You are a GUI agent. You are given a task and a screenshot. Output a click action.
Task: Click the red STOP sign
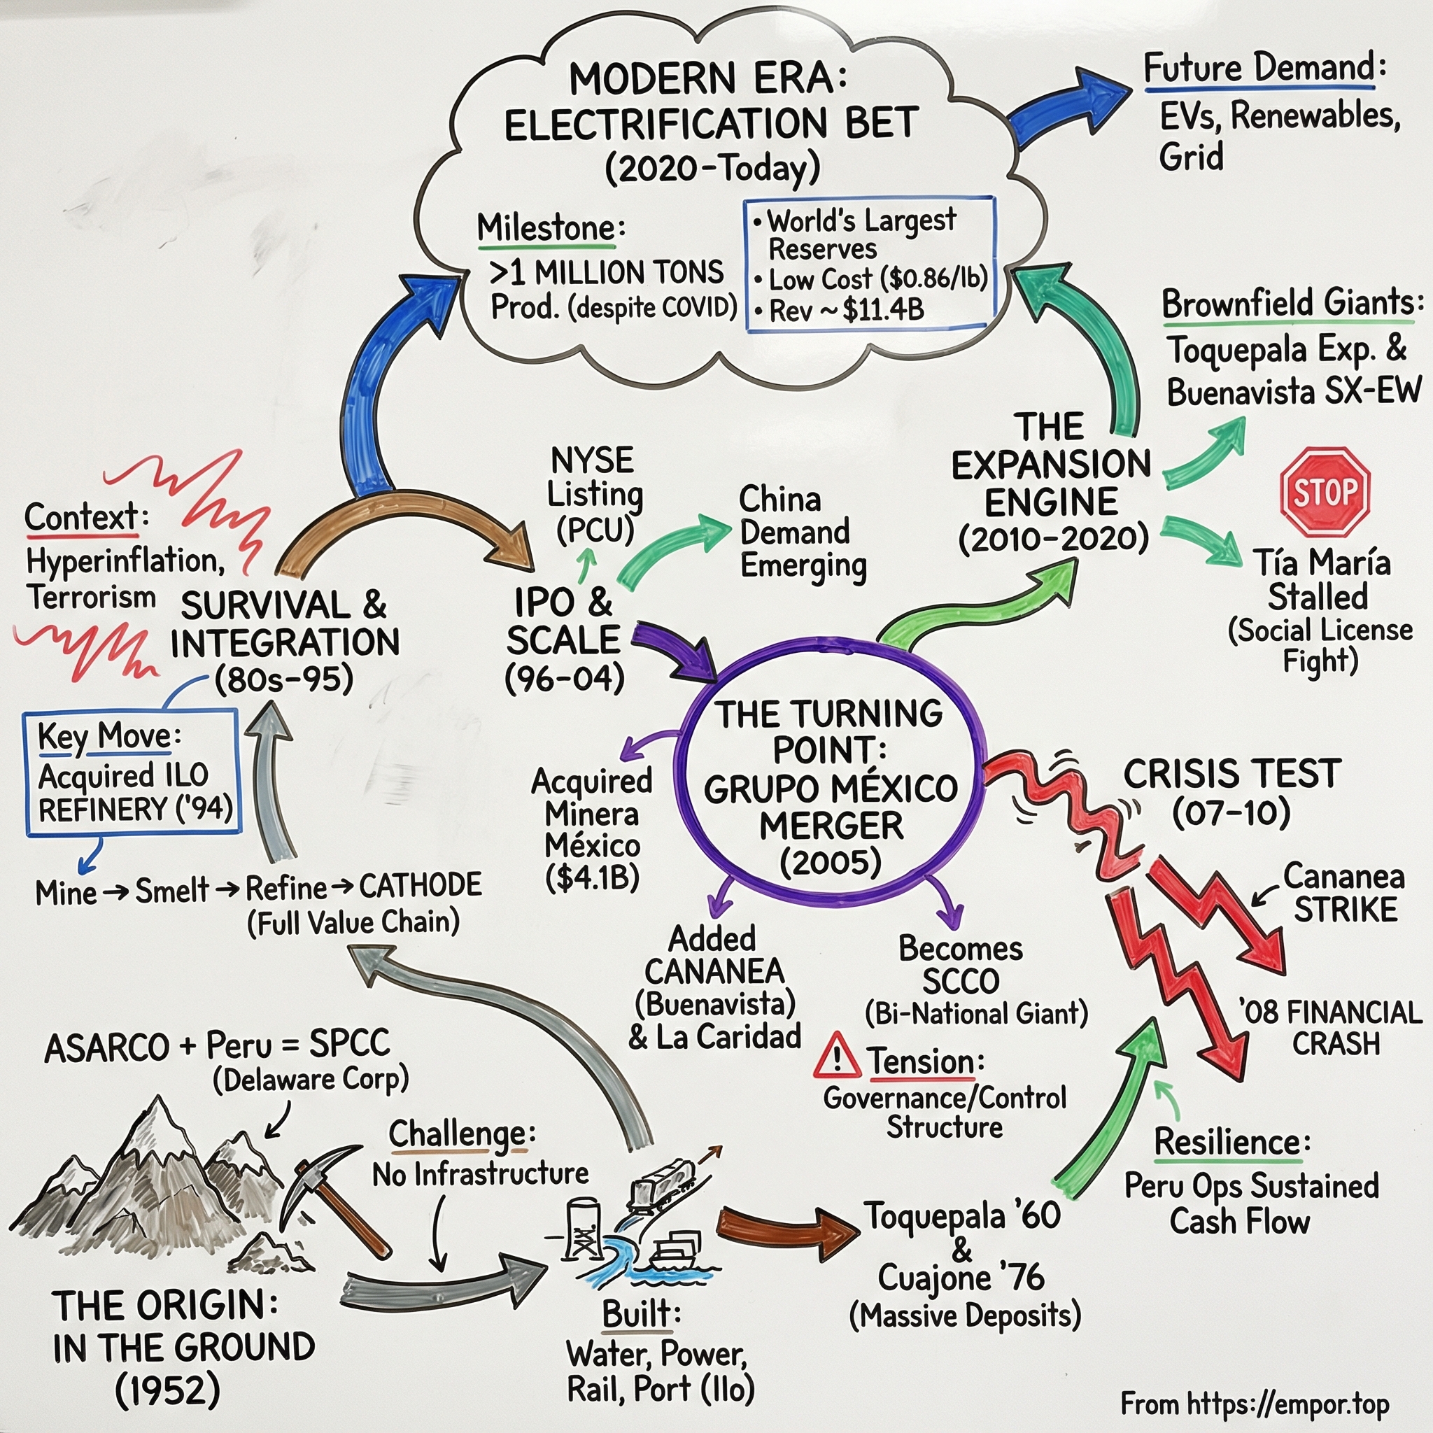pos(1325,492)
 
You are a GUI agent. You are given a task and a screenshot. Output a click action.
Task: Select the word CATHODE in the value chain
pos(420,886)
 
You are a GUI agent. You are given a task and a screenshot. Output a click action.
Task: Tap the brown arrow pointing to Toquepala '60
pos(786,1232)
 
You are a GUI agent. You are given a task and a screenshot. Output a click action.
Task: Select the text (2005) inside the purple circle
pos(831,862)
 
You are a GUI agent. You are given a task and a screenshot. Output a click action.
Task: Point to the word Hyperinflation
pos(125,561)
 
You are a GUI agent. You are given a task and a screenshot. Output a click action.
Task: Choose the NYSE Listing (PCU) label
pos(593,494)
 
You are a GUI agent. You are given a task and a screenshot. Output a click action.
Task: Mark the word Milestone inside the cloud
pos(545,227)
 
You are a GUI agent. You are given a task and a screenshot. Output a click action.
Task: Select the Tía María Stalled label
pos(1320,579)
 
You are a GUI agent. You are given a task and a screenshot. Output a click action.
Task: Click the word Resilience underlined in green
pos(1227,1142)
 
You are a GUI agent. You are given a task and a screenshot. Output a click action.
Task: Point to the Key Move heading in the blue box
pos(104,737)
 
